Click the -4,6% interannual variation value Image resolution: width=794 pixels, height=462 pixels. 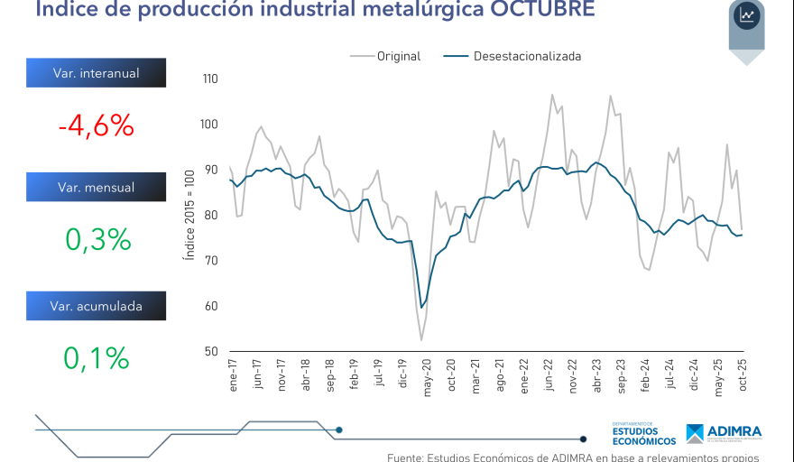pos(96,126)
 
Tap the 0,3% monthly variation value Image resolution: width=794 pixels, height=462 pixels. pos(97,240)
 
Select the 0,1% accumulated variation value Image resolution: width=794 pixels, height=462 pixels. pos(97,358)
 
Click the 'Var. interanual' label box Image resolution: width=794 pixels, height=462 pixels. pos(96,73)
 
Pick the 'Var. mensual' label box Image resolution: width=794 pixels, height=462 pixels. pos(96,188)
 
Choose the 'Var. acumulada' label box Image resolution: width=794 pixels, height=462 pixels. pos(96,306)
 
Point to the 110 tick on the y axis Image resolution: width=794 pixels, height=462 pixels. pos(211,79)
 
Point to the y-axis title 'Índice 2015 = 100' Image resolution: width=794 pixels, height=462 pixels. pos(189,215)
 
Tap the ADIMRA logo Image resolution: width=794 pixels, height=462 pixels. pos(723,433)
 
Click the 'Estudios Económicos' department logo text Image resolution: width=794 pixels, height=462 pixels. pos(643,435)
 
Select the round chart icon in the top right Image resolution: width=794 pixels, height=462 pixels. pos(747,15)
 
